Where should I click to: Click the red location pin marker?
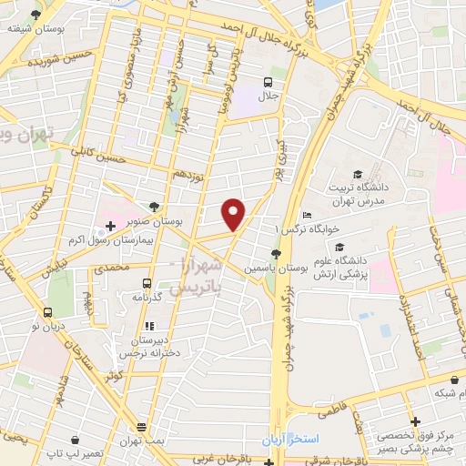click(x=235, y=214)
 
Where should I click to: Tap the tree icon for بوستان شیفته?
click(x=35, y=15)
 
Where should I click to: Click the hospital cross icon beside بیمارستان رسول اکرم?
click(x=109, y=225)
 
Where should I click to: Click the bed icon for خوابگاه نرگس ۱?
click(x=307, y=215)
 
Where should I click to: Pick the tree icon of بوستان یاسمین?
click(x=276, y=254)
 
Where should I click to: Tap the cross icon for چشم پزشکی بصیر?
click(x=415, y=422)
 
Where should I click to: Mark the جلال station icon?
click(x=268, y=80)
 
